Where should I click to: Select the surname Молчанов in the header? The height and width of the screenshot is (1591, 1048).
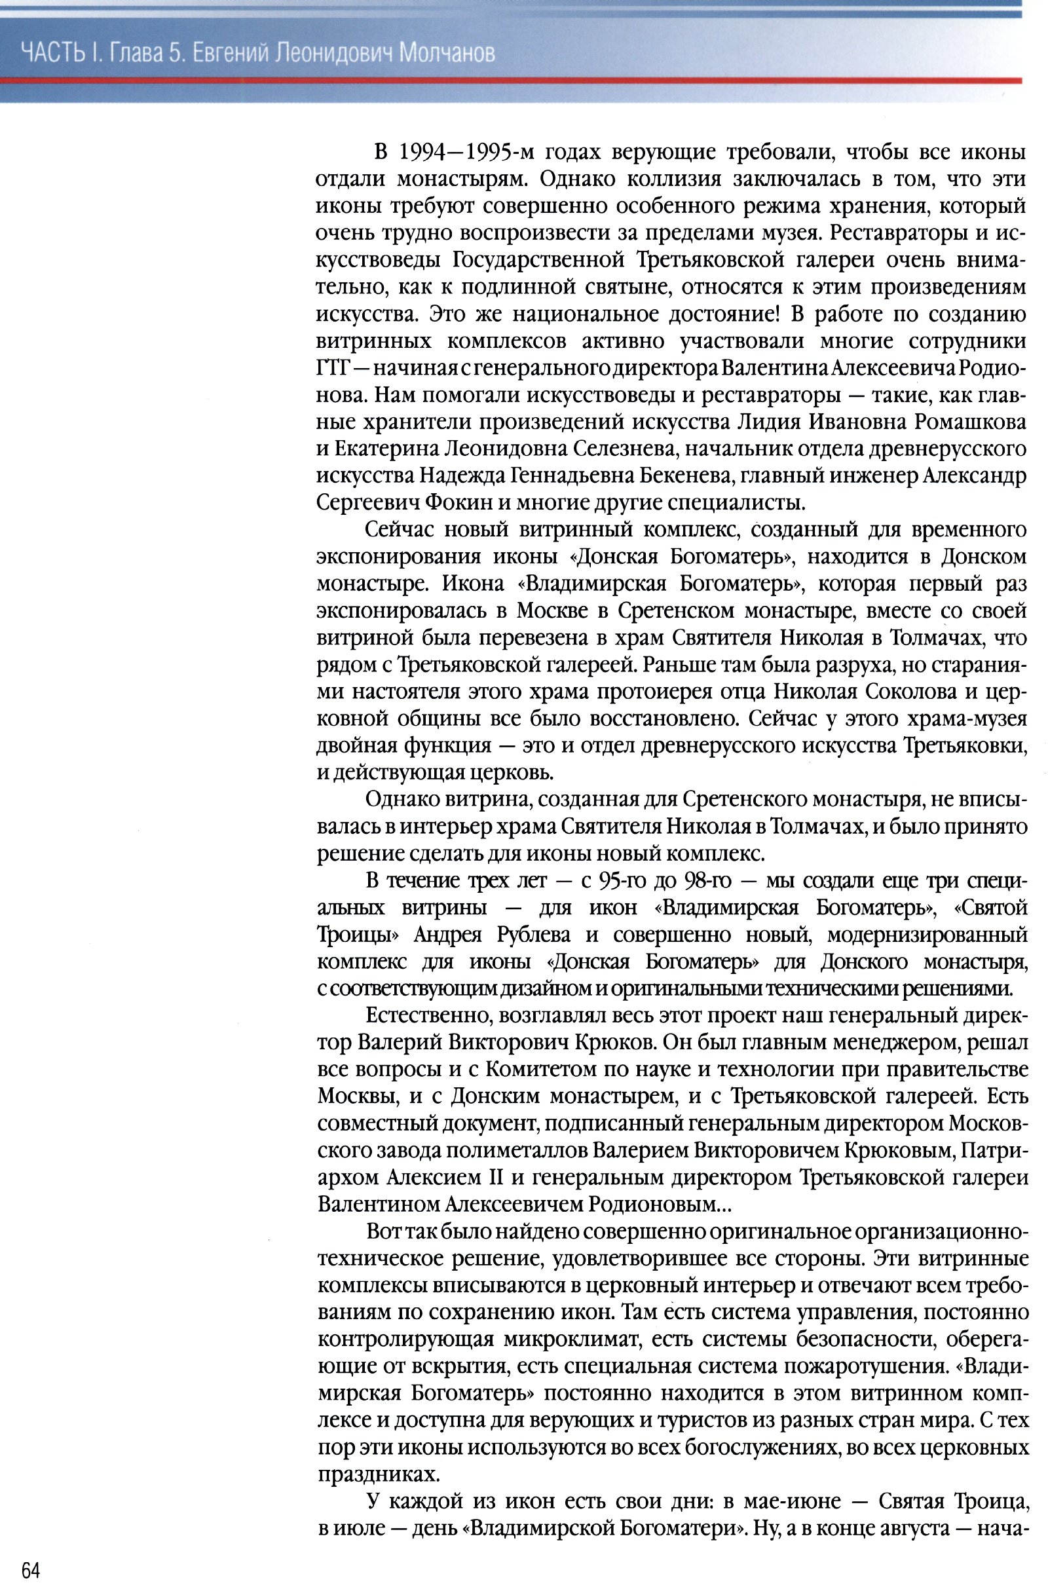coord(447,52)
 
